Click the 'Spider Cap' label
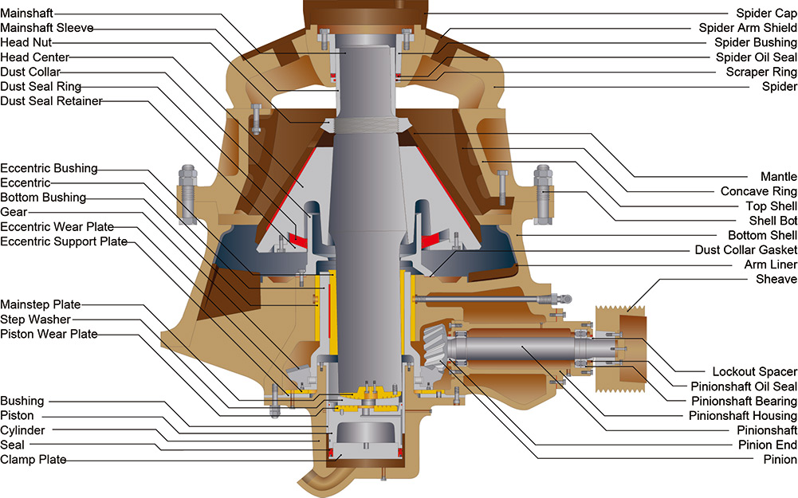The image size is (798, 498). tap(765, 13)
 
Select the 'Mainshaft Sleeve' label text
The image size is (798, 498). tap(47, 28)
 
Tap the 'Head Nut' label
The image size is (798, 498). tap(27, 42)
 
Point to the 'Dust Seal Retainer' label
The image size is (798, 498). tap(51, 100)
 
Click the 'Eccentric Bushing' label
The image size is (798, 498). tap(49, 168)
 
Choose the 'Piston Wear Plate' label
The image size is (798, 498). tap(49, 334)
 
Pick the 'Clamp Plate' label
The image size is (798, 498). tap(33, 460)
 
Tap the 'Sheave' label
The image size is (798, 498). tap(776, 279)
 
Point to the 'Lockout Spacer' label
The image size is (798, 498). tap(754, 372)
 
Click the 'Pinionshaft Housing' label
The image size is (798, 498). tap(742, 415)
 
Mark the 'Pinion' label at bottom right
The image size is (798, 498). tap(780, 459)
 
